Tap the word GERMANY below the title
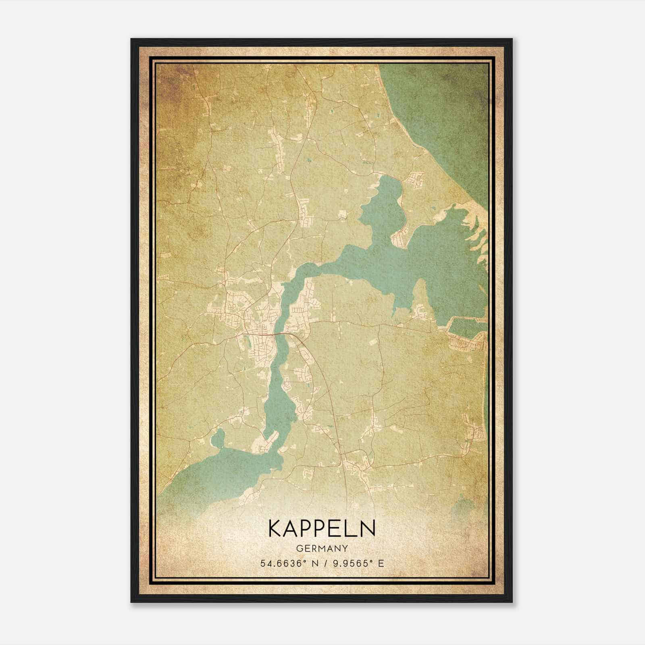click(322, 548)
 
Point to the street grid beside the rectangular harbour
click(468, 345)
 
